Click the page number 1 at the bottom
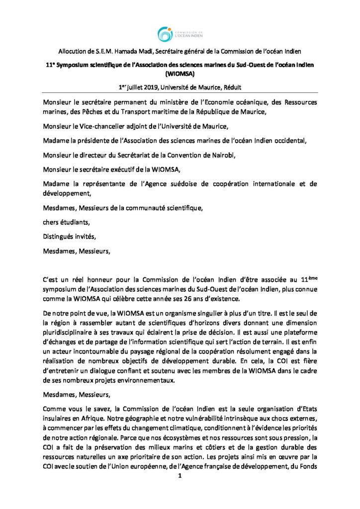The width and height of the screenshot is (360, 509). pyautogui.click(x=180, y=476)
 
